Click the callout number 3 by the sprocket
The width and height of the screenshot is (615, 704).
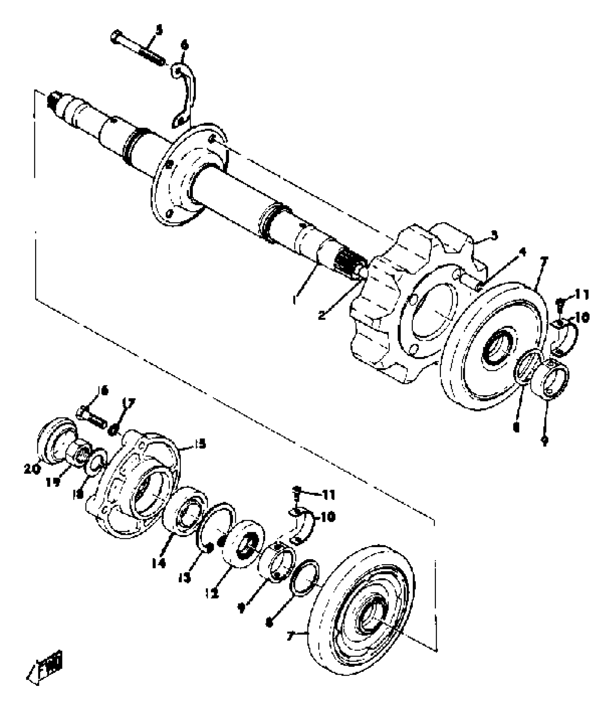click(x=494, y=236)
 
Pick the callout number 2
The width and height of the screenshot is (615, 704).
click(x=322, y=315)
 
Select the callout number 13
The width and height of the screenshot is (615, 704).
click(x=185, y=579)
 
